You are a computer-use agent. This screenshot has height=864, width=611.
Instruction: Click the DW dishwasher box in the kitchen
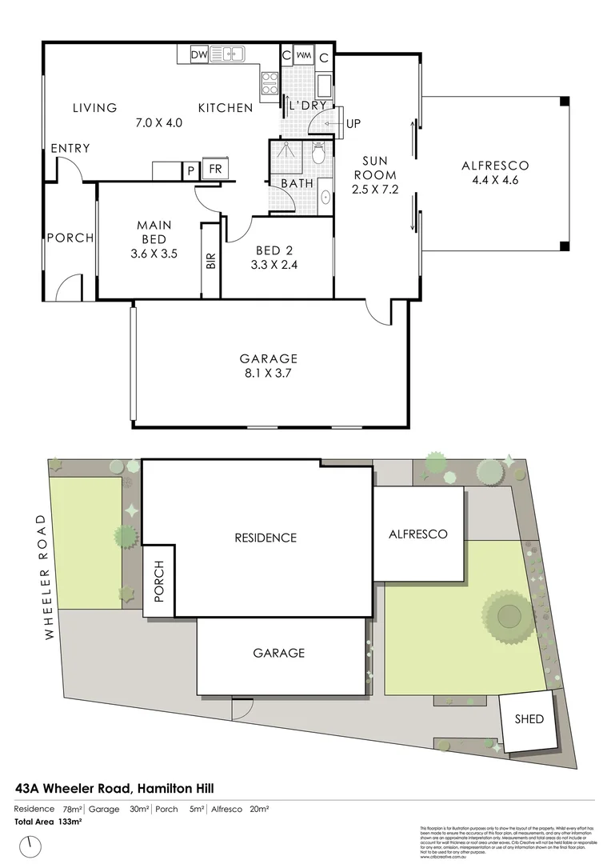point(199,55)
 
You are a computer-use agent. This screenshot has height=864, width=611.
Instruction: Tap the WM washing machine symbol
point(305,56)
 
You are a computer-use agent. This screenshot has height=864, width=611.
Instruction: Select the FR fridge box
point(215,169)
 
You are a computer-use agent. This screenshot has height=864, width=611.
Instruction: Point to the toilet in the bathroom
point(319,154)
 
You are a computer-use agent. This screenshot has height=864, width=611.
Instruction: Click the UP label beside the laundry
point(353,124)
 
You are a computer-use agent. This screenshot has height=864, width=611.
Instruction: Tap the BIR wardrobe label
point(211,262)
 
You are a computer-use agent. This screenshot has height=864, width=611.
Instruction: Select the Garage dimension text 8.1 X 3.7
point(269,373)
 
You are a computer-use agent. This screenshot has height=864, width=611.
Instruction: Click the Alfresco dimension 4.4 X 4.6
point(495,180)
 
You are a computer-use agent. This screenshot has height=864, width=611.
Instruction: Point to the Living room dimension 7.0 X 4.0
point(159,123)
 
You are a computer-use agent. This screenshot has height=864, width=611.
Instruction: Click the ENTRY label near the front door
point(70,149)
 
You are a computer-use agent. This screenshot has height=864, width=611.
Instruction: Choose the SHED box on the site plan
point(529,719)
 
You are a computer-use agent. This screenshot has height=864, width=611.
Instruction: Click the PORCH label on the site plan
point(158,580)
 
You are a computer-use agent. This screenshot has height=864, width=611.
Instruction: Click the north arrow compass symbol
point(32,844)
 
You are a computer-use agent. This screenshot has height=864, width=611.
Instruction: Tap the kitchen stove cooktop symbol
point(269,80)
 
